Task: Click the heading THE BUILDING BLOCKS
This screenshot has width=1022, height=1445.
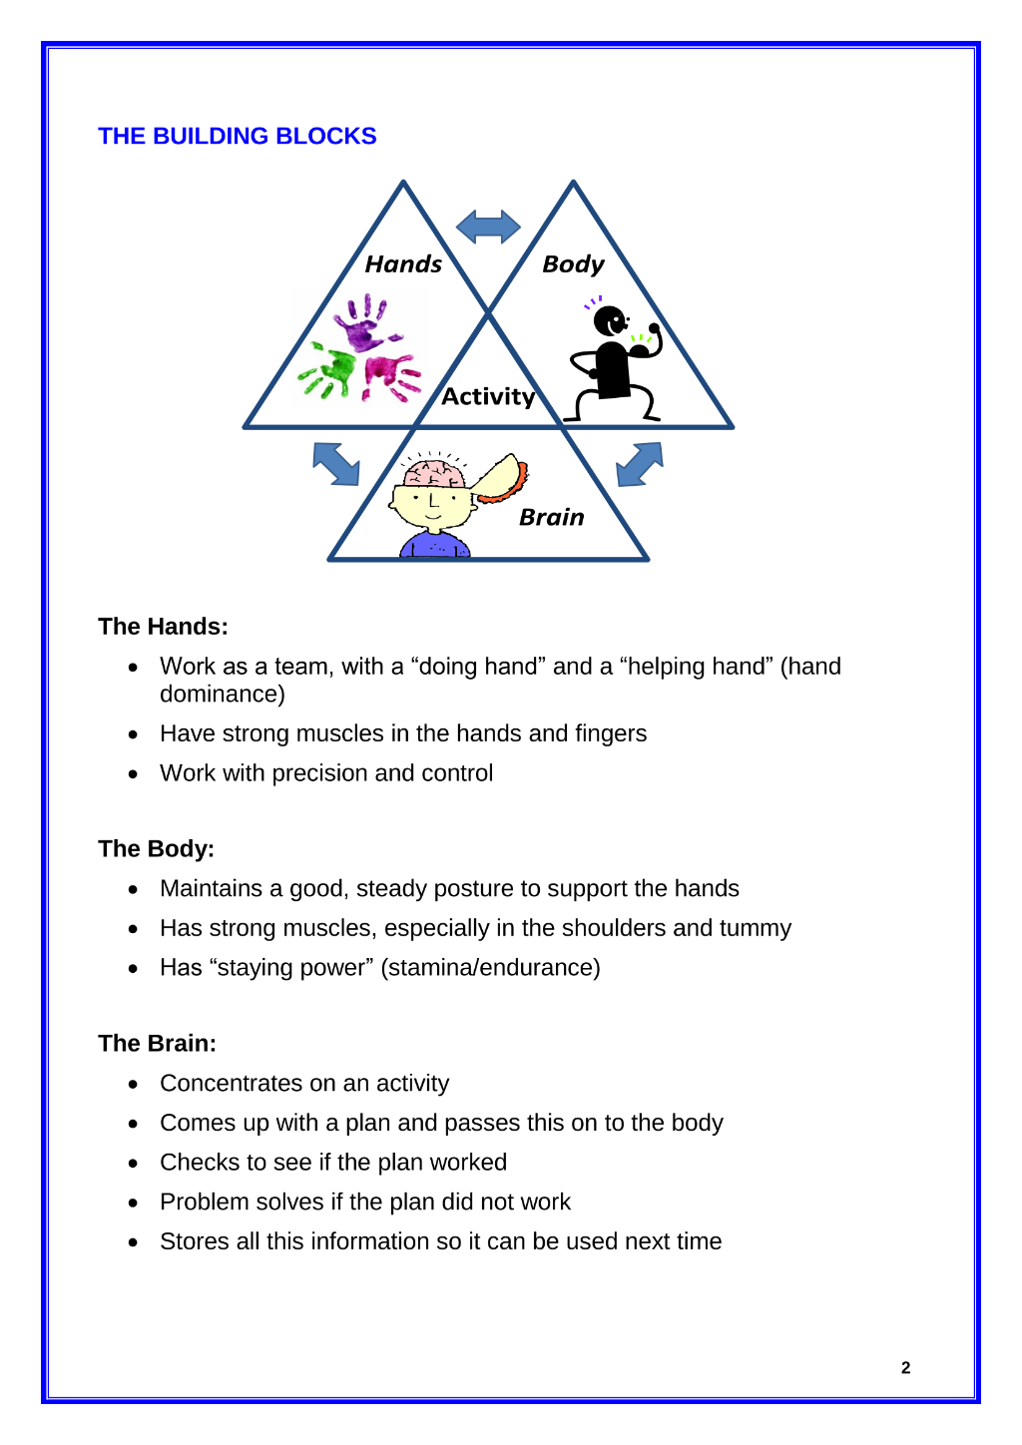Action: [237, 136]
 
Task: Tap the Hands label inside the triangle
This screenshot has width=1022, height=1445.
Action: [403, 263]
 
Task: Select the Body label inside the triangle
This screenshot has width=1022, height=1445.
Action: [573, 264]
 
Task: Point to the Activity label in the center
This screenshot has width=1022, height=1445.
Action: [488, 396]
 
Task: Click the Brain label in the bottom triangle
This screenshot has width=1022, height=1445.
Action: [552, 517]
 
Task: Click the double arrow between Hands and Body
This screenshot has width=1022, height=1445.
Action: [488, 227]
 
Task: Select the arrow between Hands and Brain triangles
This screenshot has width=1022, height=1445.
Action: [335, 463]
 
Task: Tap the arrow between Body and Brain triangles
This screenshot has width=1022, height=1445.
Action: [640, 463]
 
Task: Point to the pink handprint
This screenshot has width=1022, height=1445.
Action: [391, 377]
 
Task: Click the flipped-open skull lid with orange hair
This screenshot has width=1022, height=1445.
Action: [501, 478]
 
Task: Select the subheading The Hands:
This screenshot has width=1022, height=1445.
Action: [164, 627]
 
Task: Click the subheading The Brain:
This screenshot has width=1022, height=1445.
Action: [158, 1044]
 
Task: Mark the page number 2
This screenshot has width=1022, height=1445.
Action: [905, 1367]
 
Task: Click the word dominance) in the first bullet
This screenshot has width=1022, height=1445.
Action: [223, 695]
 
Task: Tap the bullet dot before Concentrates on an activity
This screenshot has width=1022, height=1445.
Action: [133, 1085]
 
